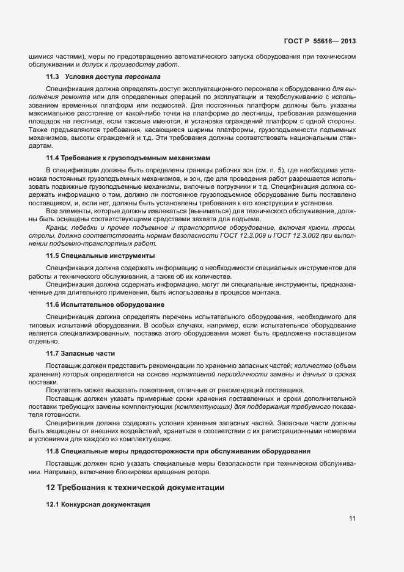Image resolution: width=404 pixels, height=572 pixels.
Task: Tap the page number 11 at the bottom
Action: (x=352, y=519)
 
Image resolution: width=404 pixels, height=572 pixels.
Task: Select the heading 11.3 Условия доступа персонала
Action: (x=103, y=77)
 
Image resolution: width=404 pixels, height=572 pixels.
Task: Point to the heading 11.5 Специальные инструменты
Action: (x=100, y=255)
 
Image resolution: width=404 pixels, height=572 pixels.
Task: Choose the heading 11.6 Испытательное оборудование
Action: (x=105, y=304)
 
